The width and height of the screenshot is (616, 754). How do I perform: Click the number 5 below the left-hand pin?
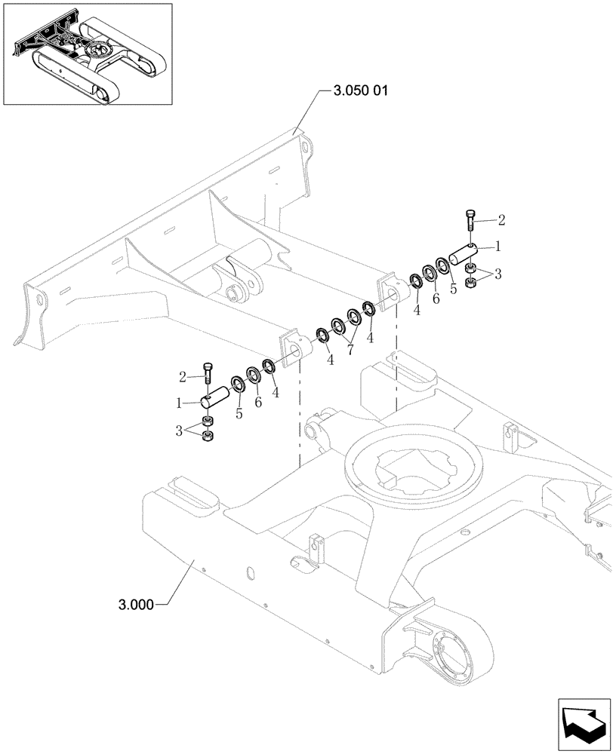coord(239,414)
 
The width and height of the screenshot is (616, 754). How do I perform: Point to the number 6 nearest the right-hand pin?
coord(436,299)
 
